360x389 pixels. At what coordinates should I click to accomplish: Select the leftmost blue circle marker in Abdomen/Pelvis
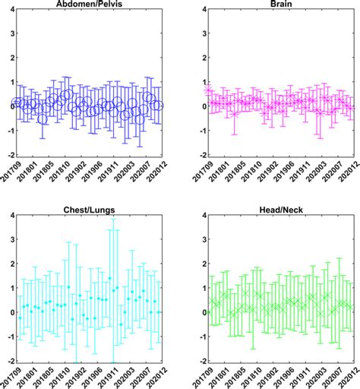pos(17,103)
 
